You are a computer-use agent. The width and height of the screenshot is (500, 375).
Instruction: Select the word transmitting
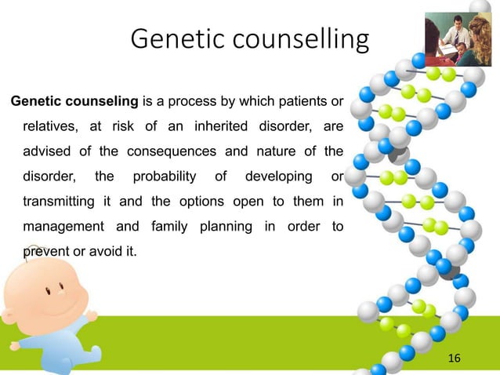[x=53, y=202]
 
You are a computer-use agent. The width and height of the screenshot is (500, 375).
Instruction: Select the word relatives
[x=49, y=126]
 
